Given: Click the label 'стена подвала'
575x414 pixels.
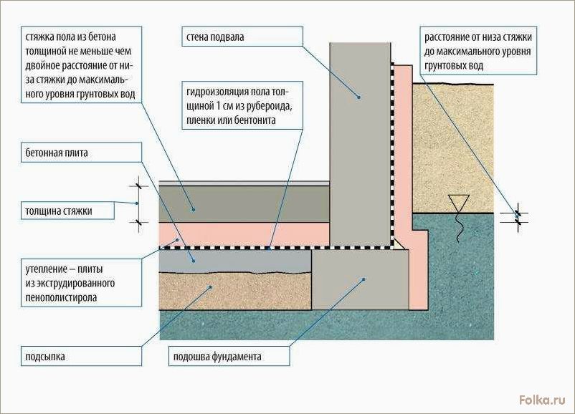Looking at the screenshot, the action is tap(215, 37).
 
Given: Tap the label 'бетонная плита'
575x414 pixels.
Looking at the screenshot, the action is tap(57, 153).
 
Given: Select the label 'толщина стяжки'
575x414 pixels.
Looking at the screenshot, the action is tap(59, 211).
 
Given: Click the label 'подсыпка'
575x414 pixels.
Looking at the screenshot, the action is tap(45, 357).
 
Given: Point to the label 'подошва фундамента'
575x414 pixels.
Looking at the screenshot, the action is tap(217, 357).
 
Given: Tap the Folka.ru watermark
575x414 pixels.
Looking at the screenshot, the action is tap(542, 400).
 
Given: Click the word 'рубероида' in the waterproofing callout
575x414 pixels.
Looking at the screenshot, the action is tap(270, 106).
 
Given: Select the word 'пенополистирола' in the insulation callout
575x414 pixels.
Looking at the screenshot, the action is tap(61, 297).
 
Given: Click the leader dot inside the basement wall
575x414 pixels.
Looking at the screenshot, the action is tap(359, 97).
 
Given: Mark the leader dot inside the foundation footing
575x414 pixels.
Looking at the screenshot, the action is tap(363, 279).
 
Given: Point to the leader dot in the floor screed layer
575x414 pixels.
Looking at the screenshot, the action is tap(194, 210).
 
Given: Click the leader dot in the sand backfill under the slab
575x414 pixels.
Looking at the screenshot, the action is tap(211, 287).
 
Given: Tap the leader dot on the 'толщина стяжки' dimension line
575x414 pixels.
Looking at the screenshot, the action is tap(137, 203).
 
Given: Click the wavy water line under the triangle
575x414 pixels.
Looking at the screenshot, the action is tap(459, 227).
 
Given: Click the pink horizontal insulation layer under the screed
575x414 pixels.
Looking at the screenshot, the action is tap(244, 234).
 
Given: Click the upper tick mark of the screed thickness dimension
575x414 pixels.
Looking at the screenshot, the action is tap(138, 186).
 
